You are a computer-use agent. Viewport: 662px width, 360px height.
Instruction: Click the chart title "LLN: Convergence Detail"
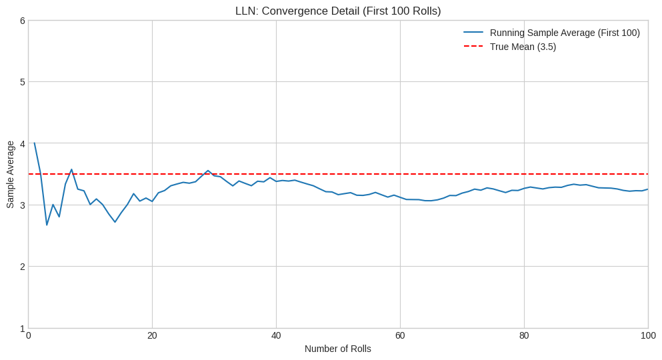tap(338, 11)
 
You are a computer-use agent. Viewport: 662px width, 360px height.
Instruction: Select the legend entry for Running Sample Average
tap(564, 33)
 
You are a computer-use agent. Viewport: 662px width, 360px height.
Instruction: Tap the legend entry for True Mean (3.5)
tap(522, 47)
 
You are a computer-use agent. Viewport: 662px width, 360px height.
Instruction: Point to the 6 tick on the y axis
tap(22, 21)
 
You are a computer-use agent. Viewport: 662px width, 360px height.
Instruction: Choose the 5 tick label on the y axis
tap(22, 82)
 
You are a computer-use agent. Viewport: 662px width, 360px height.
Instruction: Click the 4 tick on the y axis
tap(22, 143)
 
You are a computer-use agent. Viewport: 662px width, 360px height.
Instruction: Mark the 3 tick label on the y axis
tap(22, 205)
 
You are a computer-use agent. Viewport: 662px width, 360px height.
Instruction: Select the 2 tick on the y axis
tap(22, 267)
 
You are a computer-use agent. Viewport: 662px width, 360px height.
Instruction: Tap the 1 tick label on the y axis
tap(22, 328)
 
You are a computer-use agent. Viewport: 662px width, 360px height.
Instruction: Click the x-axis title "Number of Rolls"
tap(338, 349)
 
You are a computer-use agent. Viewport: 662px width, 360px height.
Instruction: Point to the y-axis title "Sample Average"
tap(10, 174)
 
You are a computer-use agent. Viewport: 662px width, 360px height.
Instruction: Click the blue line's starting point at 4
tap(34, 143)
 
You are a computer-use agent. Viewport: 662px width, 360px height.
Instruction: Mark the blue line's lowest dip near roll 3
tap(47, 225)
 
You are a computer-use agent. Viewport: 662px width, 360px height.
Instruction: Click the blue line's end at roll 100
tap(647, 189)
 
